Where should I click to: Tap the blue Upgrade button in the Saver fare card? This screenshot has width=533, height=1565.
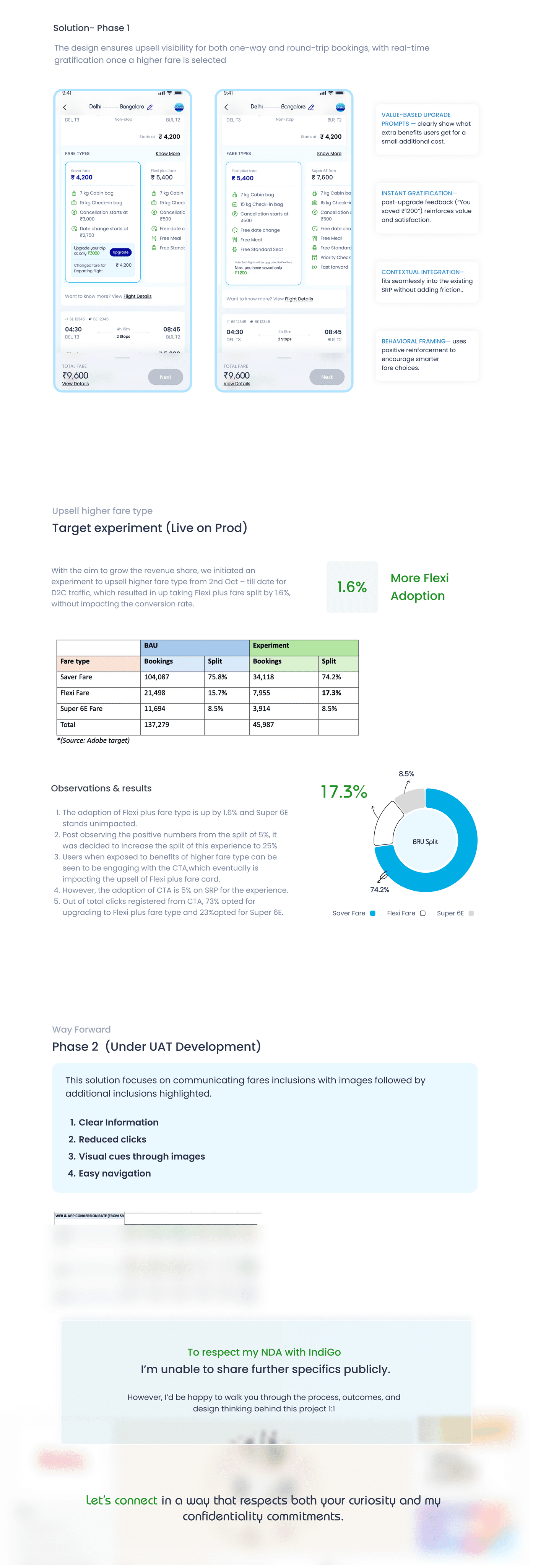point(120,252)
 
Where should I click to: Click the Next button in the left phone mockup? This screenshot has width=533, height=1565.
point(165,377)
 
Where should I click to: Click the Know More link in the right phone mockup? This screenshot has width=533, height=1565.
point(329,154)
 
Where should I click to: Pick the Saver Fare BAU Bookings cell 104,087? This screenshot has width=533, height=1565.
point(156,677)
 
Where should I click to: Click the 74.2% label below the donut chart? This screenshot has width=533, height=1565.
point(379,889)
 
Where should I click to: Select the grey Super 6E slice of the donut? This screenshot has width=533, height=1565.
point(411,800)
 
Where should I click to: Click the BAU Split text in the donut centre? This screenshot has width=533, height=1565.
point(426,841)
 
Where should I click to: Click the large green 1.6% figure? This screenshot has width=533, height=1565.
point(352,587)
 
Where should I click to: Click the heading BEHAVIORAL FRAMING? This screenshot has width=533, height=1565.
point(416,342)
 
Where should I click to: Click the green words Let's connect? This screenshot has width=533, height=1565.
point(122,1500)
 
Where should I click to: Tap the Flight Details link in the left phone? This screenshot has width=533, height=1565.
point(137,296)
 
